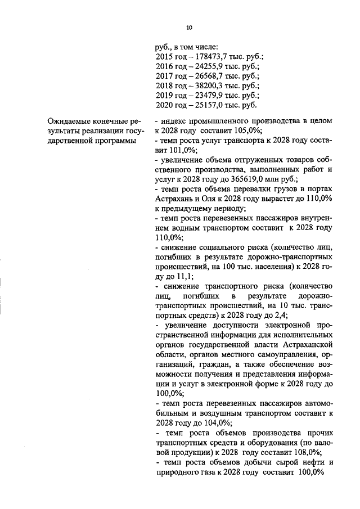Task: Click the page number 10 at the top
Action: tap(189, 26)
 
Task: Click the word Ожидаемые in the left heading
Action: tap(70, 121)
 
